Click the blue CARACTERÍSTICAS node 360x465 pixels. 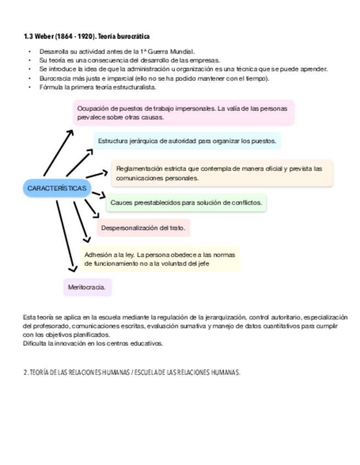tap(57, 189)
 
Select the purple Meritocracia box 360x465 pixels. tap(87, 287)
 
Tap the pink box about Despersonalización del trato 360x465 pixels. tap(143, 228)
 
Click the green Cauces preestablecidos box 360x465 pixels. tap(186, 203)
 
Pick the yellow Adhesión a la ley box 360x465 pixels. tap(160, 259)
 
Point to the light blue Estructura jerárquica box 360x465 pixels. tap(187, 141)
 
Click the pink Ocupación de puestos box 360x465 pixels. tap(184, 112)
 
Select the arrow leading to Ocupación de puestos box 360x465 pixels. tap(59, 152)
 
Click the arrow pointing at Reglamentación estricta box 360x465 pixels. tap(98, 174)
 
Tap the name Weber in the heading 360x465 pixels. tap(43, 36)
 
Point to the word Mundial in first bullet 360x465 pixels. tap(181, 52)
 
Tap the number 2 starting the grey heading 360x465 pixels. tap(25, 372)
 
